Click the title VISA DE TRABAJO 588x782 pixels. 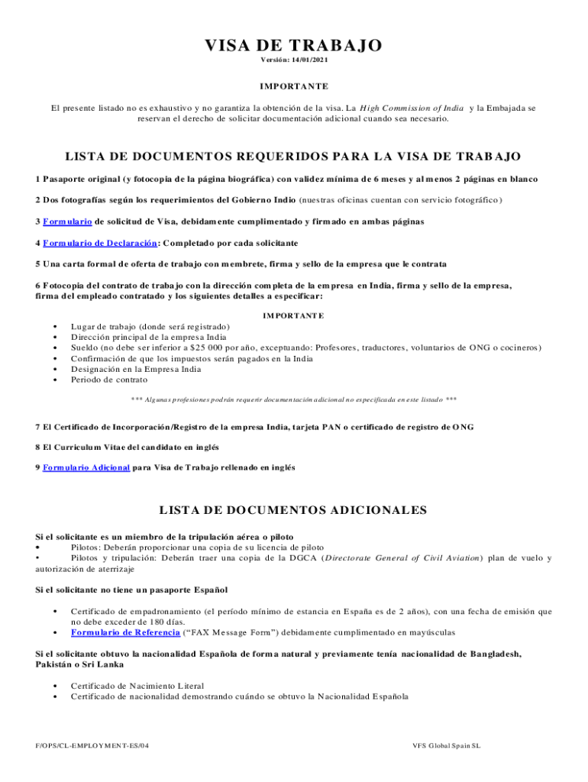(x=293, y=46)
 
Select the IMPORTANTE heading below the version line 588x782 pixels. (x=294, y=86)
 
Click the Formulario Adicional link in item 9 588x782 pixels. (x=86, y=467)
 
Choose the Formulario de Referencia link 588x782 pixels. (x=125, y=632)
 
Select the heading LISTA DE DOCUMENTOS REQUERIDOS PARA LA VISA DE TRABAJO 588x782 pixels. (x=293, y=157)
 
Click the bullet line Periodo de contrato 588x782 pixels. (x=109, y=380)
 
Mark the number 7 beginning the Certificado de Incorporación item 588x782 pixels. (x=38, y=426)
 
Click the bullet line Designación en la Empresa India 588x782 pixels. (x=136, y=369)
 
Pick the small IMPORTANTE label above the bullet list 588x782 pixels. (x=293, y=315)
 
